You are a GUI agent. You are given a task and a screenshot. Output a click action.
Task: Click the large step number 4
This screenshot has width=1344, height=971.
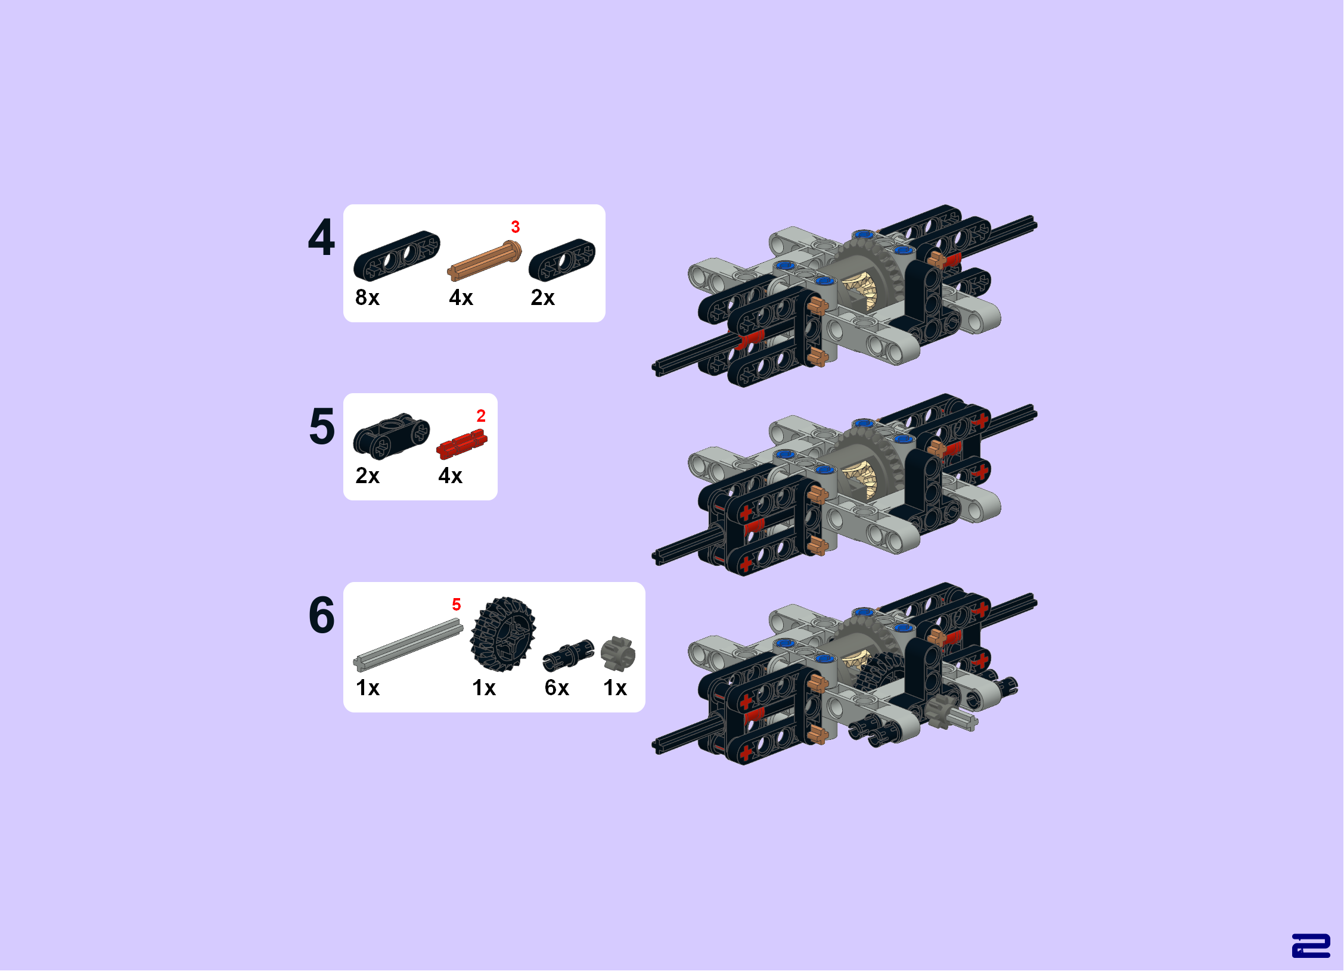coord(321,237)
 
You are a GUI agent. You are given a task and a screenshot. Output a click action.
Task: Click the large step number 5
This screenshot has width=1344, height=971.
coord(322,427)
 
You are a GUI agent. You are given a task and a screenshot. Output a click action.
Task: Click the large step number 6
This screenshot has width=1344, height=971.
coord(322,615)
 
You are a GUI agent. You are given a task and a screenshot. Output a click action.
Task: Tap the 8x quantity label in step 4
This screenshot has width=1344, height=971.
coord(367,297)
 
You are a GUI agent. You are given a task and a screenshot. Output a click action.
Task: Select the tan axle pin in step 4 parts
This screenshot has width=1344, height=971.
coord(485,260)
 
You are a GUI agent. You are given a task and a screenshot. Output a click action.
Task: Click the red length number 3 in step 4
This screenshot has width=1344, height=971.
coord(516,227)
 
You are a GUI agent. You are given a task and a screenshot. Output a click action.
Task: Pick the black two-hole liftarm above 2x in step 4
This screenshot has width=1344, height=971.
coord(562,260)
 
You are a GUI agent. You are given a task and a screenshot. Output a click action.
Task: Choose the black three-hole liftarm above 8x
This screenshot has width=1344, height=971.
coord(397,256)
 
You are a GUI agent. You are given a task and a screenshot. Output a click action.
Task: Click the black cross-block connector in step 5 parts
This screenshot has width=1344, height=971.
coord(392,436)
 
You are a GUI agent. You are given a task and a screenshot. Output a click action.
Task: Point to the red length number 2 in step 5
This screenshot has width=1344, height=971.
coord(481,416)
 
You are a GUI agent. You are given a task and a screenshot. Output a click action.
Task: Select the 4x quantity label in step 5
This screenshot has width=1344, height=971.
coord(450,475)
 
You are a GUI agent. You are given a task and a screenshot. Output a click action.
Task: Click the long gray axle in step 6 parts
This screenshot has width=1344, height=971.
coord(408,645)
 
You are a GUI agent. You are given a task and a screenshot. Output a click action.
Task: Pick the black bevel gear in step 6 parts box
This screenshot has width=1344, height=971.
coord(503,634)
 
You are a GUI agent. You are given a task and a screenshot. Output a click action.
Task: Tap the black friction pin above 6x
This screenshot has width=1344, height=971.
coord(569,655)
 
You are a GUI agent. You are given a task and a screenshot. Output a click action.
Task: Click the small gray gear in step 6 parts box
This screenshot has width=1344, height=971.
coord(618,653)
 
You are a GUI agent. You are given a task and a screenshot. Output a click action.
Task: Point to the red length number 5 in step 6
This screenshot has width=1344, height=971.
coord(457,605)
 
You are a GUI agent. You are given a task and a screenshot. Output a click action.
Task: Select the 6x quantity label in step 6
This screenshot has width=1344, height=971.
coord(557,688)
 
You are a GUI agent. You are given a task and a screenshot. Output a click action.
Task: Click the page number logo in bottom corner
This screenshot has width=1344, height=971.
coord(1311,946)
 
